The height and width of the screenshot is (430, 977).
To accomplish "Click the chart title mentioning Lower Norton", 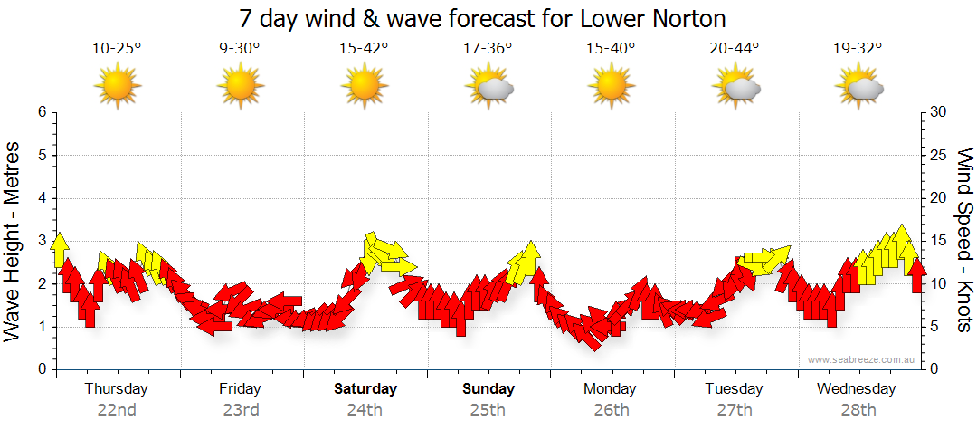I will click(x=483, y=19).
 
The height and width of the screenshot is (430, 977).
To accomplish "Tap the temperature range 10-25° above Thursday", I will click(x=117, y=49).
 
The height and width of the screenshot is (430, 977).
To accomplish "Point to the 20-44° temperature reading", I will click(x=734, y=49).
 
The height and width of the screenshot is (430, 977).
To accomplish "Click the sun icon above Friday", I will click(x=240, y=88).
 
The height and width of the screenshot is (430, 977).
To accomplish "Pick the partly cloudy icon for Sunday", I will click(x=488, y=88).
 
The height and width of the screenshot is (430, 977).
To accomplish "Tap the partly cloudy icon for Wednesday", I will click(x=858, y=88).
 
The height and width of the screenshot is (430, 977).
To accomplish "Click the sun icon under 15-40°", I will click(x=611, y=88).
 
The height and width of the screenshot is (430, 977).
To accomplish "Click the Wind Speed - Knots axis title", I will click(x=964, y=240).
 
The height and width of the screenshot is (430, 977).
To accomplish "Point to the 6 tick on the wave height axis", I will click(x=41, y=112).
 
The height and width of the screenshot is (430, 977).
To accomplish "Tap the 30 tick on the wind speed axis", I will click(x=938, y=112).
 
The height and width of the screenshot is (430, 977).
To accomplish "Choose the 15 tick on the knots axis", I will click(x=938, y=241).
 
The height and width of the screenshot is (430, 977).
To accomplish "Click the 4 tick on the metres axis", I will click(x=41, y=198).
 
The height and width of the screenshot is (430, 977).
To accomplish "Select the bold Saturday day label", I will click(x=365, y=389).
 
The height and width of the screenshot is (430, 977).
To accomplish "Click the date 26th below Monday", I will click(x=611, y=409).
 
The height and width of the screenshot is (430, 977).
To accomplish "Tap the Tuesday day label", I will click(x=734, y=389).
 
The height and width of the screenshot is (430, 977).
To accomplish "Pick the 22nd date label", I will click(x=117, y=409).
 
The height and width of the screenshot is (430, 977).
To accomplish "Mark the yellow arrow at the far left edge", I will click(x=60, y=249).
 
